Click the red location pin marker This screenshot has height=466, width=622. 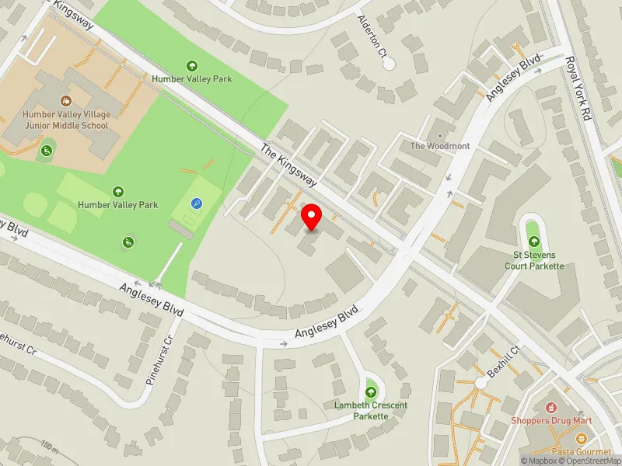click(x=312, y=217)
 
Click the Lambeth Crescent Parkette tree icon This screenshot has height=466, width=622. click(x=371, y=391)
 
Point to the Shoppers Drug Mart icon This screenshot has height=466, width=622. click(x=551, y=407)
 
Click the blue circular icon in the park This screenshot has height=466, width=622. click(x=197, y=203)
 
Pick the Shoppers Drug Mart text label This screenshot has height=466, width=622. click(x=551, y=421)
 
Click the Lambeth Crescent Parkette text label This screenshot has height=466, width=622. click(x=361, y=411)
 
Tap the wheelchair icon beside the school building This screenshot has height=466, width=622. click(x=46, y=148)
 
